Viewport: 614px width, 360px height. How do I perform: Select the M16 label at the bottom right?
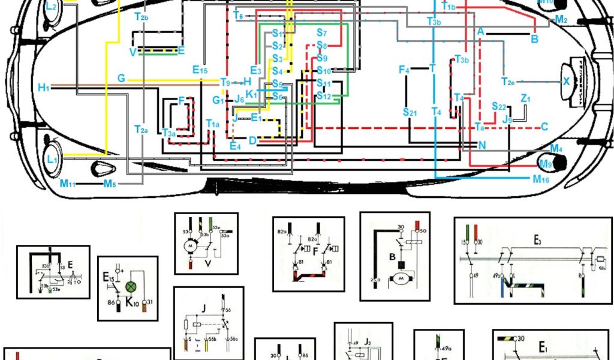[x=540, y=179]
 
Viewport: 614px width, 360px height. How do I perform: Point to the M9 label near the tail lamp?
[x=545, y=164]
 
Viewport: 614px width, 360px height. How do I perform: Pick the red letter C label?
[x=544, y=126]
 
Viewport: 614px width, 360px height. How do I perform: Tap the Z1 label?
[x=526, y=98]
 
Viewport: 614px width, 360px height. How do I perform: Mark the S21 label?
[x=410, y=112]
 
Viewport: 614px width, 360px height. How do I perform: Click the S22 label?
[x=499, y=106]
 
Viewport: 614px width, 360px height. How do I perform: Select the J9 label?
[x=508, y=120]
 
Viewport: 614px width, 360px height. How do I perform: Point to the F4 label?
[x=404, y=70]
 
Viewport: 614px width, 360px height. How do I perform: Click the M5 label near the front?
[x=109, y=184]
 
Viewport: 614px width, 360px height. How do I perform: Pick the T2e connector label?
[x=508, y=81]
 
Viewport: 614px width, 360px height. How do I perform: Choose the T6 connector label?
[x=238, y=16]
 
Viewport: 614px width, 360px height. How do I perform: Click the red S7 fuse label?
[x=321, y=32]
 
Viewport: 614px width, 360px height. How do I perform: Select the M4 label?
[x=556, y=148]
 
